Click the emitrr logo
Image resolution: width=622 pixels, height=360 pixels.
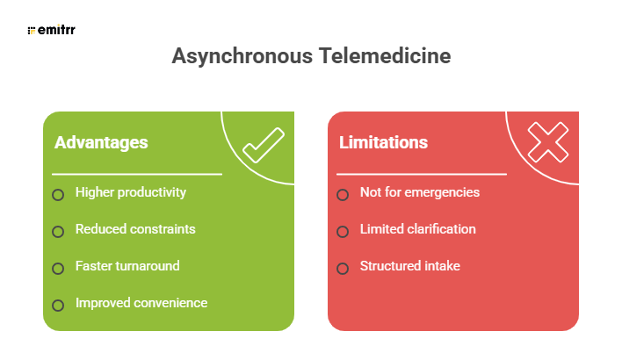[50, 31]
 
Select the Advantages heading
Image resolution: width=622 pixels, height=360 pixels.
[101, 142]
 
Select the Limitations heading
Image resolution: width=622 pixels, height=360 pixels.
[384, 142]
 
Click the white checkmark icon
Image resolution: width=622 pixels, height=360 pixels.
[263, 146]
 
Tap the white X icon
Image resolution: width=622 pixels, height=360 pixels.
[547, 142]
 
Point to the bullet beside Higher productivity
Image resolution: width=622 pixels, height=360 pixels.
[58, 195]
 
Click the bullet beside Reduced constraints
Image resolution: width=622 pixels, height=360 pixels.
[58, 232]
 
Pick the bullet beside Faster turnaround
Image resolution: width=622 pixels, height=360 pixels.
[58, 269]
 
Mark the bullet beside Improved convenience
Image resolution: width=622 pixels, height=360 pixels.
[58, 306]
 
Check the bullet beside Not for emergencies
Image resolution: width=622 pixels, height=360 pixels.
[343, 195]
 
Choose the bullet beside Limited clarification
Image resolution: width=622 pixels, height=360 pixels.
[343, 232]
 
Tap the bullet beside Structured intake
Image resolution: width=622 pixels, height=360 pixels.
[343, 269]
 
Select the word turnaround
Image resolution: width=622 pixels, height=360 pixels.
[148, 266]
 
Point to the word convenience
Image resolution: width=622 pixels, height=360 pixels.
[170, 303]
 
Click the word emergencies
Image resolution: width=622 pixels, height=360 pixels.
[441, 192]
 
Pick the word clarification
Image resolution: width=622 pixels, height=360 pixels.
[438, 229]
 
